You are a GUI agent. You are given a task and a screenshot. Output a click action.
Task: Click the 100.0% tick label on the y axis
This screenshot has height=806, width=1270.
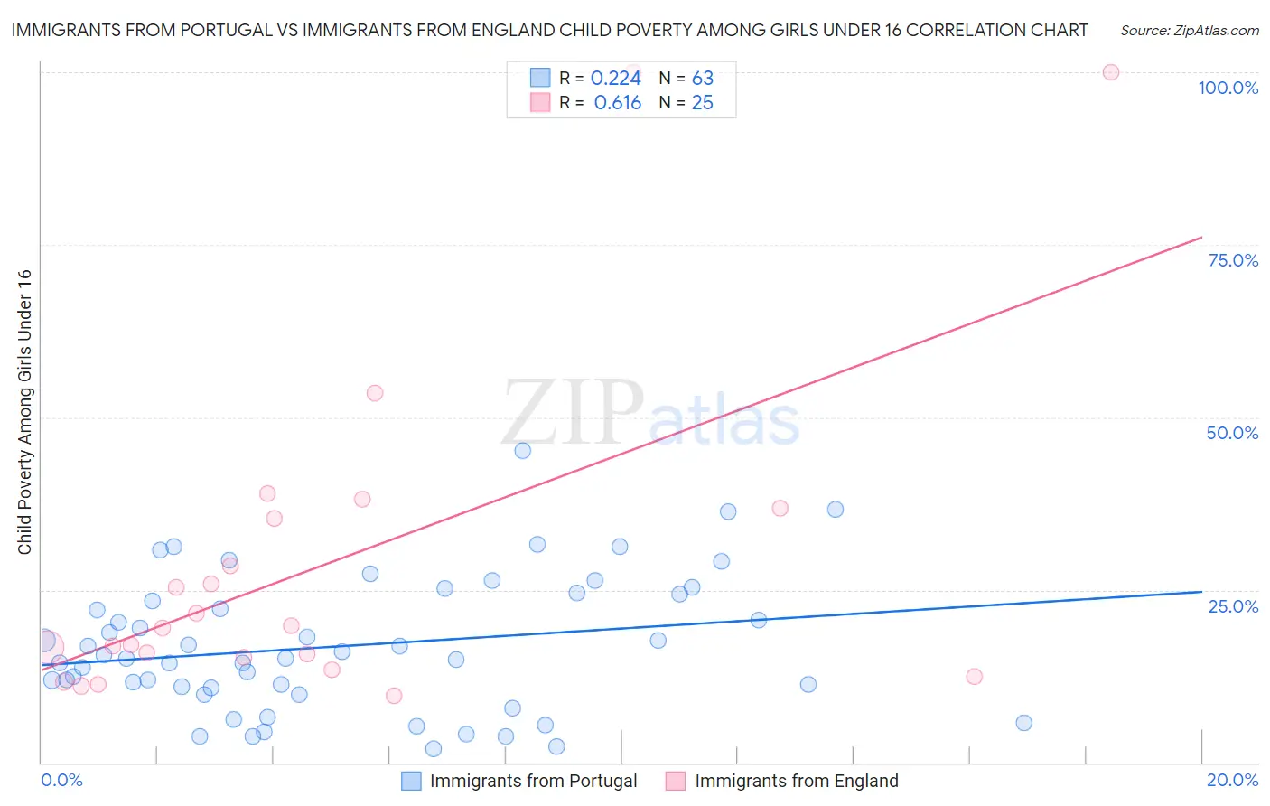(1228, 88)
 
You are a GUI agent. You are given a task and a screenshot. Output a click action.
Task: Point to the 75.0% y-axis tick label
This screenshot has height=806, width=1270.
(1233, 260)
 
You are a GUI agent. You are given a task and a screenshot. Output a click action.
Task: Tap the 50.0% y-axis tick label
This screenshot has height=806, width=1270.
(1232, 433)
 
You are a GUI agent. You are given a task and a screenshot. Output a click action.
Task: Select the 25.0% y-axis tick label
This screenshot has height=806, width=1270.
(1233, 606)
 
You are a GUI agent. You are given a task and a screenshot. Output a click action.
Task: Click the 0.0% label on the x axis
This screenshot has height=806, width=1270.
(61, 780)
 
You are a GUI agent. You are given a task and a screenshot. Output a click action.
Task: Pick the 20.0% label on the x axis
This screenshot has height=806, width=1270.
(1232, 780)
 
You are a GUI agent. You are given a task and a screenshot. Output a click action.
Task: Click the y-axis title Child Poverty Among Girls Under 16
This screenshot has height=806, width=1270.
(24, 411)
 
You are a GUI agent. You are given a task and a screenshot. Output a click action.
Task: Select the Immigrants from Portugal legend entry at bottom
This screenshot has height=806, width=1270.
(533, 781)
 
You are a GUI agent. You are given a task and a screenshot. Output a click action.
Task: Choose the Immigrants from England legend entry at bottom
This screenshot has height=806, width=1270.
(796, 781)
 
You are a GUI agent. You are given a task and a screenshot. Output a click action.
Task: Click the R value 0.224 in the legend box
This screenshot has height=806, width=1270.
(615, 79)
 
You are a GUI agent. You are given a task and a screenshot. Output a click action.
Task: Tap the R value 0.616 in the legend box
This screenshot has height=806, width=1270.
(617, 103)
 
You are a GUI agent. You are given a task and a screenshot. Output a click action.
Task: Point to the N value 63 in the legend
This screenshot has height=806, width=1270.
(702, 79)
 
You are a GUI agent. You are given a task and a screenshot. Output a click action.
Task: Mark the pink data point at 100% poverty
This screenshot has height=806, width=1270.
(1111, 72)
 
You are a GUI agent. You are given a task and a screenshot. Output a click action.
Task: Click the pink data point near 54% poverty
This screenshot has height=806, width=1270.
(375, 393)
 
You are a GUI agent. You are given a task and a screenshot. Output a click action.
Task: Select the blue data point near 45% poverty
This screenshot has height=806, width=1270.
(522, 450)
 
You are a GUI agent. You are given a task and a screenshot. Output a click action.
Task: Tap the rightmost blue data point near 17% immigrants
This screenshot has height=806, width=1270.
(1023, 723)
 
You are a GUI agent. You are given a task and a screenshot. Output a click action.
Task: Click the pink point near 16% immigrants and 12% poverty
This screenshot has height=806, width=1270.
(974, 676)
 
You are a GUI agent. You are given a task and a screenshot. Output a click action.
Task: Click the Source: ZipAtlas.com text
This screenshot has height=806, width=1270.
(1189, 30)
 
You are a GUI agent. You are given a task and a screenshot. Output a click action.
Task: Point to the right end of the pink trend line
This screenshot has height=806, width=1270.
(1201, 238)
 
